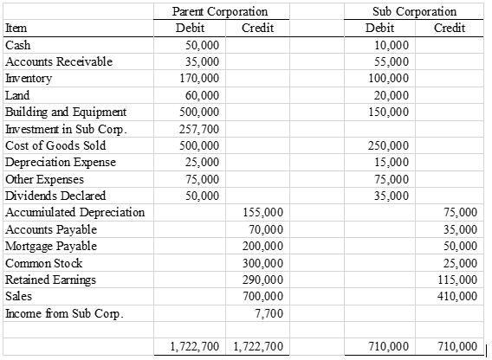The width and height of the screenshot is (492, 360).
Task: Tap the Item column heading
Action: (x=16, y=28)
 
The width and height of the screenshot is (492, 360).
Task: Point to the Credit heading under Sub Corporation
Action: (x=449, y=28)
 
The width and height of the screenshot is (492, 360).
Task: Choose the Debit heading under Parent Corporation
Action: (x=190, y=28)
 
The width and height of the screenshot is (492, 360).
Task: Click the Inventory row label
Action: (x=29, y=78)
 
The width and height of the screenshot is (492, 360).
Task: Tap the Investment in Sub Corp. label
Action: (x=67, y=128)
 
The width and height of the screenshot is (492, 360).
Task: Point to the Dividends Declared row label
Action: (x=50, y=196)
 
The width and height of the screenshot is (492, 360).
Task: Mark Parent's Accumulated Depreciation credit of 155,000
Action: (x=264, y=212)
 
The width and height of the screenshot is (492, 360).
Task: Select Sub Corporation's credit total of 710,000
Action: (x=458, y=346)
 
